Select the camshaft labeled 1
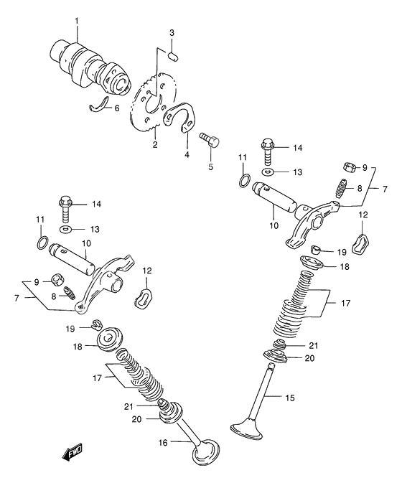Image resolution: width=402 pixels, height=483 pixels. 91,68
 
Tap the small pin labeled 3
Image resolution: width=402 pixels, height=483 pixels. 174,57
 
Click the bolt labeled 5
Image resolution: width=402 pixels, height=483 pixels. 210,139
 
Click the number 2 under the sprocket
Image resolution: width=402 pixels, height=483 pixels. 155,144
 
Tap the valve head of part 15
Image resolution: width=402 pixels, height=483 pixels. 246,428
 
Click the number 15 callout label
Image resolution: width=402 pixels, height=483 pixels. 290,398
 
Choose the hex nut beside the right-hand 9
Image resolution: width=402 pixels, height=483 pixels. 350,167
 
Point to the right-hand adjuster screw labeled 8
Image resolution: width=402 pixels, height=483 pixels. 341,188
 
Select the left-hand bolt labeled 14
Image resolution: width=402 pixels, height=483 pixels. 65,209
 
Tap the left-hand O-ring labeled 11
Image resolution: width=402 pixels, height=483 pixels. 42,243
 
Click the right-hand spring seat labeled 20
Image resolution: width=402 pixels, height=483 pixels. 275,355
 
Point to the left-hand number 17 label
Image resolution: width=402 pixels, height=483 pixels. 97,378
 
